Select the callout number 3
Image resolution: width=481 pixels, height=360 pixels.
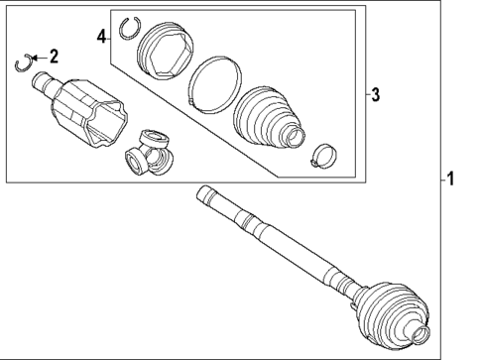376,94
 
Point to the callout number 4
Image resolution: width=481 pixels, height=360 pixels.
101,36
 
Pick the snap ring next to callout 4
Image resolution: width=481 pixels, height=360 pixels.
127,27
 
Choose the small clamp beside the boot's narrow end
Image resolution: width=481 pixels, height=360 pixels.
321,155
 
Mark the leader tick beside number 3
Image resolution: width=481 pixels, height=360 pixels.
363,94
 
